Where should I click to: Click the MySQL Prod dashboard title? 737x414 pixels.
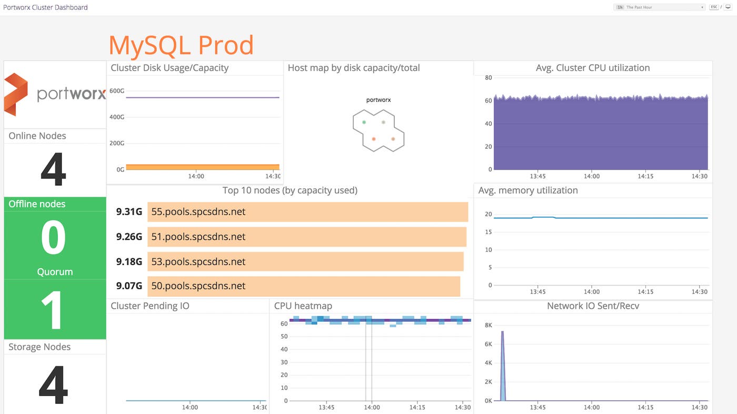pyautogui.click(x=181, y=45)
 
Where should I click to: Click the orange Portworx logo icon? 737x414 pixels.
pyautogui.click(x=16, y=94)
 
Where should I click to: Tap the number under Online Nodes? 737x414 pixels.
pyautogui.click(x=53, y=169)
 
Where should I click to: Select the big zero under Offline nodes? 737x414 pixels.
pyautogui.click(x=53, y=238)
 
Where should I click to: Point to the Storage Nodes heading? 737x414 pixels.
pyautogui.click(x=39, y=347)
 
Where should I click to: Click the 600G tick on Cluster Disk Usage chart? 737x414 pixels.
pyautogui.click(x=117, y=91)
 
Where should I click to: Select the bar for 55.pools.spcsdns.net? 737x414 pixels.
pyautogui.click(x=307, y=212)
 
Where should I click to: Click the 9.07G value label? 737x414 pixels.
pyautogui.click(x=129, y=286)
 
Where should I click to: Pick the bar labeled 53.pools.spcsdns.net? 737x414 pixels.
pyautogui.click(x=305, y=261)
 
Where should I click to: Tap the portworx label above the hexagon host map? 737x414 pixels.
pyautogui.click(x=379, y=100)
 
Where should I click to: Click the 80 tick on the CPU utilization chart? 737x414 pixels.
pyautogui.click(x=488, y=78)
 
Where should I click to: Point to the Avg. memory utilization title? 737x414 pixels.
pyautogui.click(x=528, y=190)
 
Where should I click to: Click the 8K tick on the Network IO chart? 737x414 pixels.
pyautogui.click(x=488, y=326)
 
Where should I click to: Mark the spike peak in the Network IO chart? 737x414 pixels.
pyautogui.click(x=502, y=332)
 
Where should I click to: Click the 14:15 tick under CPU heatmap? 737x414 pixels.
pyautogui.click(x=417, y=407)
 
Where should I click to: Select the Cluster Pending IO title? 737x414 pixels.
pyautogui.click(x=150, y=306)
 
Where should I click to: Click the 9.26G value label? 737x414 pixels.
pyautogui.click(x=129, y=237)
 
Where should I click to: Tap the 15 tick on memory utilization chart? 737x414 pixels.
pyautogui.click(x=488, y=232)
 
